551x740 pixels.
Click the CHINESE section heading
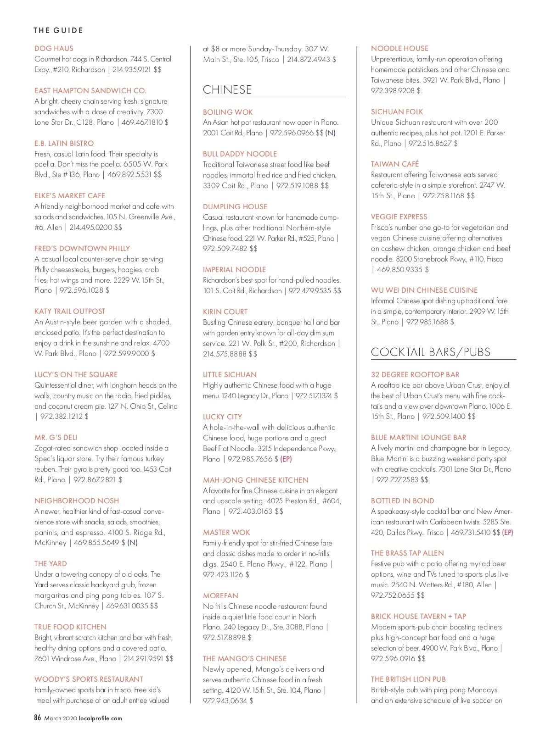tap(227, 89)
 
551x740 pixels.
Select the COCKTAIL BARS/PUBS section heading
tap(430, 352)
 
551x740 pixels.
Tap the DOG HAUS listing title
tap(54, 48)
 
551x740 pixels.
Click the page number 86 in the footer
tap(38, 718)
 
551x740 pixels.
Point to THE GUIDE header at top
tap(58, 30)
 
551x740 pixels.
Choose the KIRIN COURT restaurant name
tap(225, 312)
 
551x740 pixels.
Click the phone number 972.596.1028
tap(81, 290)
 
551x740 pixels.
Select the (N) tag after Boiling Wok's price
tap(330, 133)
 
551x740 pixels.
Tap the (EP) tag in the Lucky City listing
tap(286, 459)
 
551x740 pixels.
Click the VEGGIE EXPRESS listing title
tap(399, 217)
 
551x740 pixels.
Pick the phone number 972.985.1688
tap(427, 322)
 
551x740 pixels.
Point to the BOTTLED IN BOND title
tap(402, 501)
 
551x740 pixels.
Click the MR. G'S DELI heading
tap(56, 437)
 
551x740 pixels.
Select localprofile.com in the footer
tap(101, 718)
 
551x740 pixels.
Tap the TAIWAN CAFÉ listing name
tap(395, 164)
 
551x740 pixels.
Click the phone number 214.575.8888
tap(225, 354)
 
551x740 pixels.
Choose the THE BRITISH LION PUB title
tap(408, 679)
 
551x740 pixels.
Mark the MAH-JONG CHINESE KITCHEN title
tap(256, 480)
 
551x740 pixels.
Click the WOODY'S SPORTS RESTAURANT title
tap(89, 679)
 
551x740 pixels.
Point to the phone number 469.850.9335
tap(399, 269)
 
